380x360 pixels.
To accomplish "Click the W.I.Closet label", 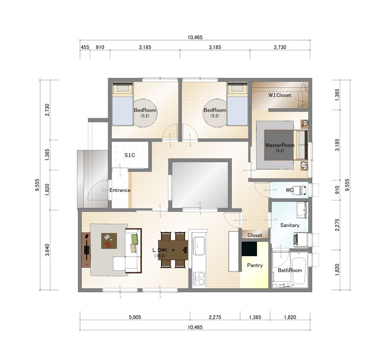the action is [x=280, y=95].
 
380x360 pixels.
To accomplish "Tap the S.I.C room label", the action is [x=130, y=155].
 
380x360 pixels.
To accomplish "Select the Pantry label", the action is [x=255, y=265].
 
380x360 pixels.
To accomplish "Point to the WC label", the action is [x=290, y=190].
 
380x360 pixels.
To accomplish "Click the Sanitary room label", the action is [x=290, y=225].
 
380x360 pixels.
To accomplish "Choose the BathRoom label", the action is [x=290, y=270].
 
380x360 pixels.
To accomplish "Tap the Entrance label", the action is [x=120, y=190].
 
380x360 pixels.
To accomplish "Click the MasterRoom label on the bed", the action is [x=280, y=145].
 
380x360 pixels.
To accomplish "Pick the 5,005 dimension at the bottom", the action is [x=135, y=317].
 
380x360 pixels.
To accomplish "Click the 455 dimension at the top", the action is [x=85, y=47].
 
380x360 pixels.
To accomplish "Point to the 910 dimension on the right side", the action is [x=337, y=189].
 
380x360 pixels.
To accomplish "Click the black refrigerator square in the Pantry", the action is [x=249, y=248].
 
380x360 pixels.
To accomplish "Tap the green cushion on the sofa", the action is [x=134, y=239].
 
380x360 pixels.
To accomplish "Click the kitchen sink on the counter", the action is [x=199, y=246].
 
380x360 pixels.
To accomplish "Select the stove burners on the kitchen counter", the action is [x=199, y=278].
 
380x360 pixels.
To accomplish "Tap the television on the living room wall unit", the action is [x=87, y=249].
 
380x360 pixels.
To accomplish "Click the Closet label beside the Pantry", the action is [x=255, y=235].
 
